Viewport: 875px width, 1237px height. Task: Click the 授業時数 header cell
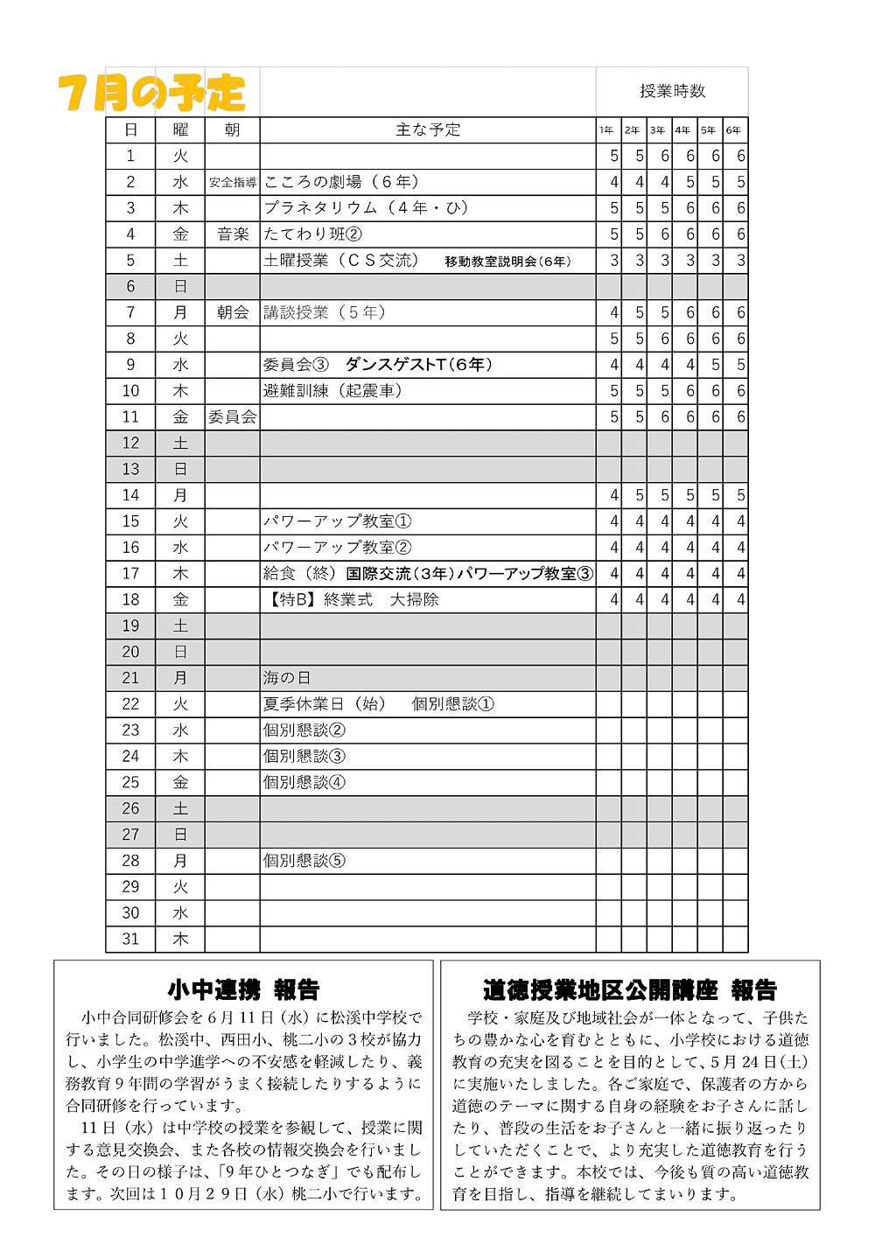[x=671, y=91]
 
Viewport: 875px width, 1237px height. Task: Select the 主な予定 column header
[x=428, y=130]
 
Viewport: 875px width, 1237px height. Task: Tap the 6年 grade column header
[x=734, y=130]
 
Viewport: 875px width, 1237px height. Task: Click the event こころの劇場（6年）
[x=341, y=182]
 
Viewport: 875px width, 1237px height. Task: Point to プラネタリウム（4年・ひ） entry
[x=366, y=208]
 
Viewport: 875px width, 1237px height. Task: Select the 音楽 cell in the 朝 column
[x=233, y=234]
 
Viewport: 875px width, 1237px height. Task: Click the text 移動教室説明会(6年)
[x=507, y=262]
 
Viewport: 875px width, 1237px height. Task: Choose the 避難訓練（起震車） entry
[x=332, y=391]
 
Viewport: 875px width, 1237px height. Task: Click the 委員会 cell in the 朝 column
[x=233, y=417]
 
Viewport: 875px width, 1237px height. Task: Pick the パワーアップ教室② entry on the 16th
[x=337, y=548]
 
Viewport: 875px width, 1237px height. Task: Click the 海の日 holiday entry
[x=287, y=678]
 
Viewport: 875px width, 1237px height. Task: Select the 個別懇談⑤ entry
[x=304, y=861]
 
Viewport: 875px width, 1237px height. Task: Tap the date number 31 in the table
[x=130, y=940]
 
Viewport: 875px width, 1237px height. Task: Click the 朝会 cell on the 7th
[x=233, y=312]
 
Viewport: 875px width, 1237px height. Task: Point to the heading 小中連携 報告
[x=243, y=989]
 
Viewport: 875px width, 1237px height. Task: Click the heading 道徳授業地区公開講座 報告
[x=630, y=989]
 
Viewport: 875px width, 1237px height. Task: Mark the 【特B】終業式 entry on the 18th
[x=351, y=600]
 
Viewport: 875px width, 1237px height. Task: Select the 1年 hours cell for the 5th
[x=613, y=261]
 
